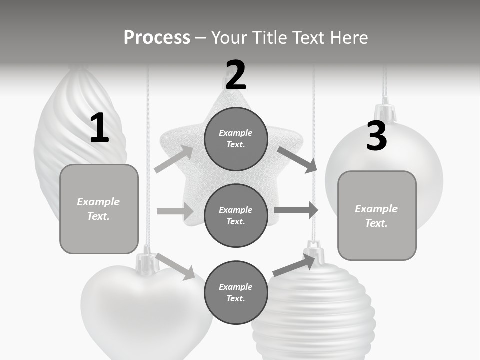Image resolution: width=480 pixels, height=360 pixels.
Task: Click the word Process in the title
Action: point(157,37)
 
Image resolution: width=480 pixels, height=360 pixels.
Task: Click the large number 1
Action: point(99,128)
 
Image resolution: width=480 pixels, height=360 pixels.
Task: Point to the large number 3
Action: point(376,136)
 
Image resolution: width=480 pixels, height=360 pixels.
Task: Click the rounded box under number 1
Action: point(99,209)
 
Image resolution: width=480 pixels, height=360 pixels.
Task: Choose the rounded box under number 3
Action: point(377,215)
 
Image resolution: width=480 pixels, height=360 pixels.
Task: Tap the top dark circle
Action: point(236,139)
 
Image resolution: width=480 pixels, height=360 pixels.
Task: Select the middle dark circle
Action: point(236,215)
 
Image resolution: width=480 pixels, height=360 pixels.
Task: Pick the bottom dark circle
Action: point(236,292)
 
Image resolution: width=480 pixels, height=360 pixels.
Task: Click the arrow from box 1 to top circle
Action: point(174,159)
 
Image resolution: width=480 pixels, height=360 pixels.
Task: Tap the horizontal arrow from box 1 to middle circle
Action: point(175,211)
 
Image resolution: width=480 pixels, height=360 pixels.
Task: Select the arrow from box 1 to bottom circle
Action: point(175,266)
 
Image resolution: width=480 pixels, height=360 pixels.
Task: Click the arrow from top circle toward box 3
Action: point(297,160)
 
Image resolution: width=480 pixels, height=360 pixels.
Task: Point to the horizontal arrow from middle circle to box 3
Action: point(295,210)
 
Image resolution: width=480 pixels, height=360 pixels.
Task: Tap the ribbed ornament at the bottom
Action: point(314,315)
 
